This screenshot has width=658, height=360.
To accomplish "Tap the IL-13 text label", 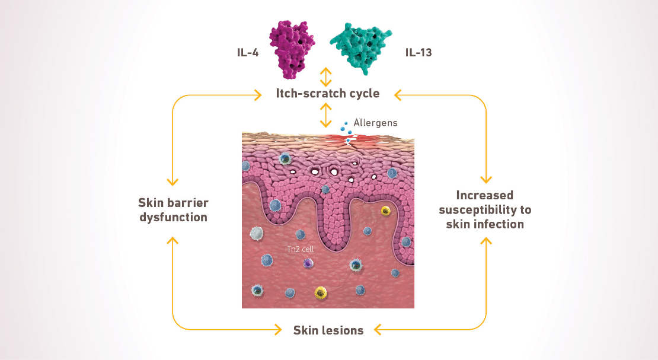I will coord(418,52).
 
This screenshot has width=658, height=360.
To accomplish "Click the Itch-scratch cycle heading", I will coord(328,94).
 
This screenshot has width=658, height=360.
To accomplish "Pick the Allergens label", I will coord(375,123).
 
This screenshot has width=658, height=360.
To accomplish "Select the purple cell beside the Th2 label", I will coord(308,263).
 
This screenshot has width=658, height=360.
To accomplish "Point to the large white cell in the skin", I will coord(257,234).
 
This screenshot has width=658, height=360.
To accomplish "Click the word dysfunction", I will coord(173,217).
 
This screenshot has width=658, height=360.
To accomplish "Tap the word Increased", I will coord(485,195).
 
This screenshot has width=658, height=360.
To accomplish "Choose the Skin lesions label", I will coord(328,330).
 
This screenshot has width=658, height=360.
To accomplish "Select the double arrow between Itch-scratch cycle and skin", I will coord(325,114).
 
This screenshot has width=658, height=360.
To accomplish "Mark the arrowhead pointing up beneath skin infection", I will coord(485,241).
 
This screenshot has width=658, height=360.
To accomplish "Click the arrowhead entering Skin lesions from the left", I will coord(277,329).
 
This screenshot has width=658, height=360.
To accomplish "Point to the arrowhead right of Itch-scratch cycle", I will coord(399,94).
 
